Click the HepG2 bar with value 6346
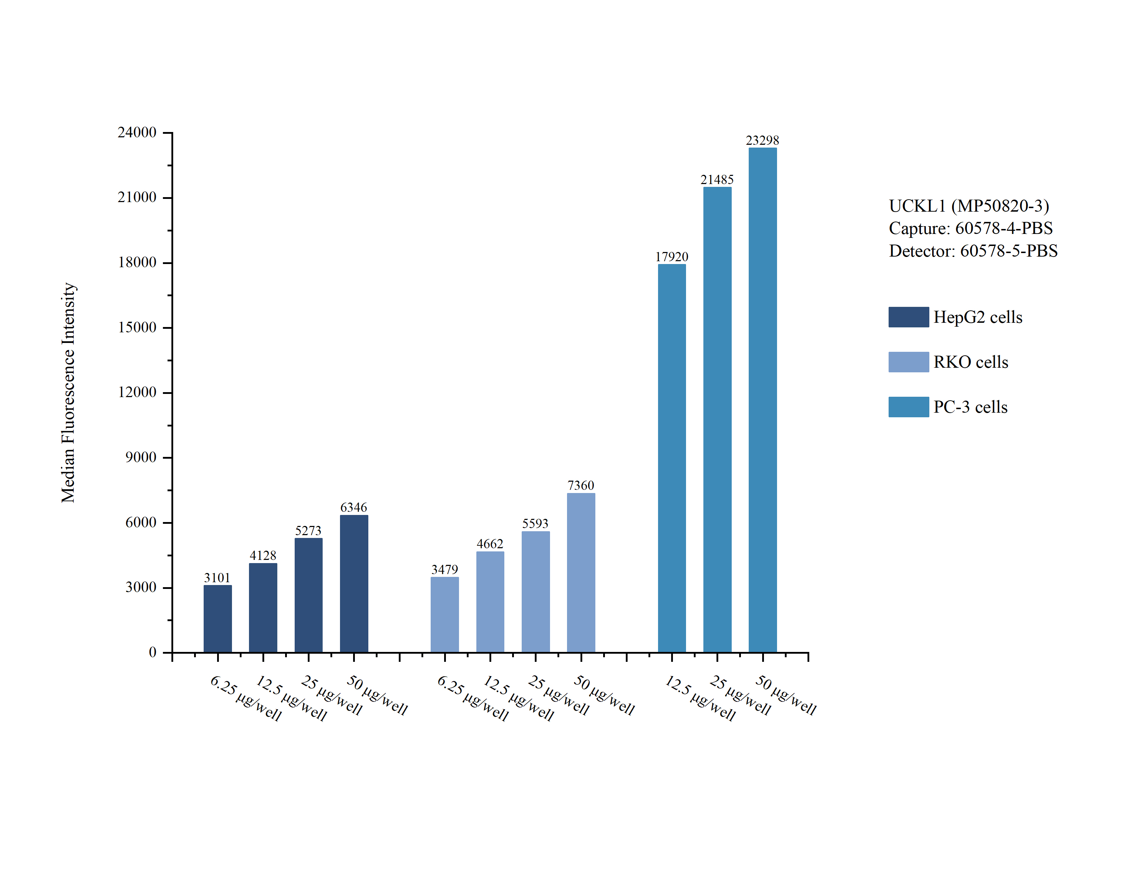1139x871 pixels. pyautogui.click(x=354, y=583)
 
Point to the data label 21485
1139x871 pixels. pyautogui.click(x=717, y=180)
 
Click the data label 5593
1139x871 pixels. pyautogui.click(x=535, y=524)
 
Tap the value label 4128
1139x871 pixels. pyautogui.click(x=262, y=556)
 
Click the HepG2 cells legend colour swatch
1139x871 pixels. pyautogui.click(x=908, y=317)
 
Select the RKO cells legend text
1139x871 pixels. pyautogui.click(x=970, y=362)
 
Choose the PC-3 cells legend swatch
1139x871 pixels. pyautogui.click(x=908, y=407)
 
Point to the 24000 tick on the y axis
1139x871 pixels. pyautogui.click(x=137, y=133)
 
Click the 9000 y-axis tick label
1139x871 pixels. pyautogui.click(x=141, y=457)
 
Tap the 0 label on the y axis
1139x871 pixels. pyautogui.click(x=153, y=652)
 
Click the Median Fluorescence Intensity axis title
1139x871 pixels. pyautogui.click(x=68, y=392)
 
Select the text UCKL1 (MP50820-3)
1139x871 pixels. pyautogui.click(x=968, y=206)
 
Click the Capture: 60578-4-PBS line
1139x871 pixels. pyautogui.click(x=970, y=228)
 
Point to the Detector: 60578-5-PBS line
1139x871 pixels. pyautogui.click(x=973, y=251)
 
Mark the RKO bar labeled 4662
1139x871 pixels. pyautogui.click(x=489, y=601)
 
